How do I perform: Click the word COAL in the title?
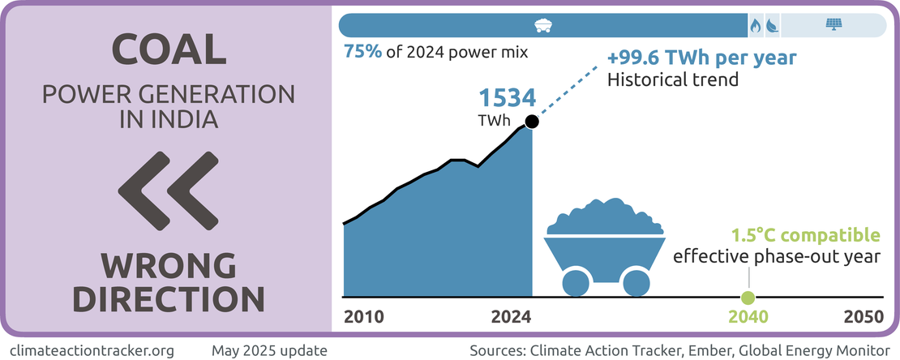(168, 49)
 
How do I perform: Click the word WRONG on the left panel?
(168, 265)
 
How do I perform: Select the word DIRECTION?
(168, 298)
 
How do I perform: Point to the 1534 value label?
(507, 99)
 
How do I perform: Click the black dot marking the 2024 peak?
(532, 122)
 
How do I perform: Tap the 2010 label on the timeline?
(364, 316)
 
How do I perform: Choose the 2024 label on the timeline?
(511, 316)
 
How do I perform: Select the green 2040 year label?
(748, 316)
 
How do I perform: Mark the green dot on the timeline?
(748, 297)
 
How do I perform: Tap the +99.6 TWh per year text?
(702, 59)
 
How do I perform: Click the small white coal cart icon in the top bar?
(544, 24)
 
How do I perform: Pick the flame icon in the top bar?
(756, 25)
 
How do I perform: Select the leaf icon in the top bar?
(772, 25)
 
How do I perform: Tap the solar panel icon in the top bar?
(833, 24)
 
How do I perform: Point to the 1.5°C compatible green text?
(805, 236)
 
